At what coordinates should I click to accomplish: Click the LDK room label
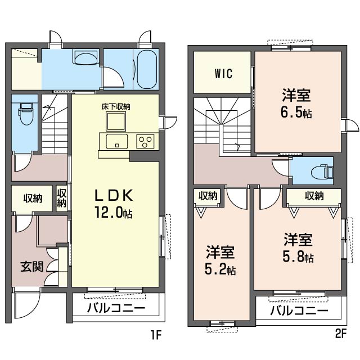114,195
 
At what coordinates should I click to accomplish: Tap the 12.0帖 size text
113,213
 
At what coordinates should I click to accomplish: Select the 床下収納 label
116,107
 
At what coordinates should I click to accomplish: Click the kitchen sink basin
116,141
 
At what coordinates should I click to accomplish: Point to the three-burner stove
145,141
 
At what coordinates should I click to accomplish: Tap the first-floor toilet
26,114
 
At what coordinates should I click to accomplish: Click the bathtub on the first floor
147,69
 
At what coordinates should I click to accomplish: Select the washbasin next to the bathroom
86,57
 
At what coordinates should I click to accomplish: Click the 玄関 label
32,267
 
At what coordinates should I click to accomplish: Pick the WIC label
224,74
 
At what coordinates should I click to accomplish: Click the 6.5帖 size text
296,112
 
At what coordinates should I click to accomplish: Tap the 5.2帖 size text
220,269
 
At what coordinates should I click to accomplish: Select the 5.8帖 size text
298,256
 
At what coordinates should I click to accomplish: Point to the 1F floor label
156,334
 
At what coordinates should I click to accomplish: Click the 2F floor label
340,334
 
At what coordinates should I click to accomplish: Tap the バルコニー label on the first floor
116,308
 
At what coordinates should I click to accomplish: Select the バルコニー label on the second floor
299,310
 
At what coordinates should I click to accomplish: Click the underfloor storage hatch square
116,121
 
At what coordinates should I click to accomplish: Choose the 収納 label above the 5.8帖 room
314,196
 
